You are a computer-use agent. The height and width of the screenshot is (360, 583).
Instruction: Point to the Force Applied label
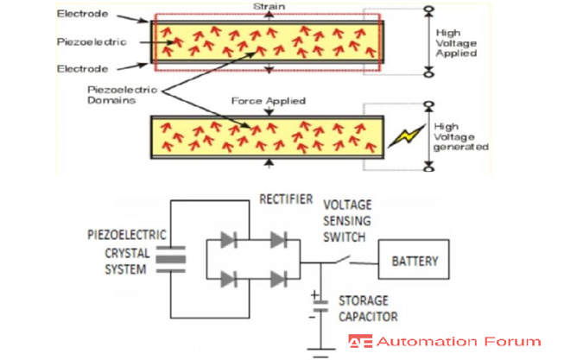[268, 101]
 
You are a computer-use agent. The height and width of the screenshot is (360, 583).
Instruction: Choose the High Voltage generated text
[461, 138]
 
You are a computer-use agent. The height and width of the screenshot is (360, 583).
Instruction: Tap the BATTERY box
[415, 261]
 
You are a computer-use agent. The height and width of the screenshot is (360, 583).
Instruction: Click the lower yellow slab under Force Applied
[265, 136]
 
